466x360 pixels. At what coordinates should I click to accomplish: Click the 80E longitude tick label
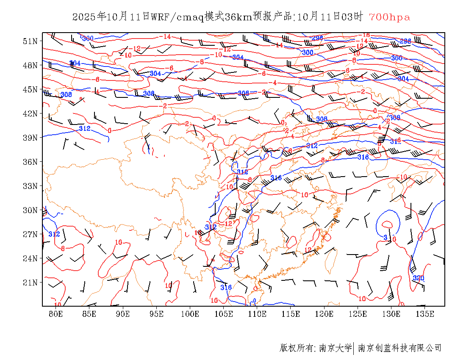pos(56,314)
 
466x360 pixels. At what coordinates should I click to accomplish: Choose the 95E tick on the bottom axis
pos(157,314)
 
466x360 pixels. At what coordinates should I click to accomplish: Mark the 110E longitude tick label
pos(257,314)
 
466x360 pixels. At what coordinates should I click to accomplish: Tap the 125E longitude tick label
pos(358,314)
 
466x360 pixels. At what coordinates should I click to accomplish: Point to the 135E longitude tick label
pos(425,314)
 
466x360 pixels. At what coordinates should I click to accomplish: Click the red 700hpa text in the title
pos(389,17)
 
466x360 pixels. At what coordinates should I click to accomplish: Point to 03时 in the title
pos(352,17)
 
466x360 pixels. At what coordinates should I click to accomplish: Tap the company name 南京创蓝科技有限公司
pos(399,348)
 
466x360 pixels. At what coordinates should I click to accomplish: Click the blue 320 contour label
pos(418,278)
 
